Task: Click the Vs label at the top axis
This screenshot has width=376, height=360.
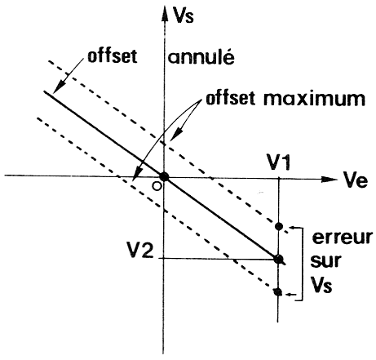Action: point(184,16)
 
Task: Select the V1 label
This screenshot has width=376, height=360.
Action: point(279,162)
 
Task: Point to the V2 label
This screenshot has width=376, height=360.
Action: point(141,251)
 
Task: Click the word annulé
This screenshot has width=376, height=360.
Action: point(201,57)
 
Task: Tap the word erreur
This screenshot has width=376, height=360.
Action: point(342,238)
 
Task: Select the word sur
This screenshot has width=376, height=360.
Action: point(325,261)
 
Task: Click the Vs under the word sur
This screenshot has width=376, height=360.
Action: point(321,286)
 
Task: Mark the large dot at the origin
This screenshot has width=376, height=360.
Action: point(164,176)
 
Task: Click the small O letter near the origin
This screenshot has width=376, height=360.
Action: point(157,186)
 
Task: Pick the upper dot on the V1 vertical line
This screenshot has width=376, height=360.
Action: point(279,226)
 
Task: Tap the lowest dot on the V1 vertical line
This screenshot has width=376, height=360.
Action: point(277,291)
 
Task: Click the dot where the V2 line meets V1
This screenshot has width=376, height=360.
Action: point(279,259)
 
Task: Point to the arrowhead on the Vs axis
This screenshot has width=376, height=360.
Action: point(164,13)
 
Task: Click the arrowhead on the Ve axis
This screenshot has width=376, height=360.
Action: point(329,179)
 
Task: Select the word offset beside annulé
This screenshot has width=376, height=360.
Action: point(112,56)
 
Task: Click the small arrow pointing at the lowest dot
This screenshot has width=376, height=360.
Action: point(291,294)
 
